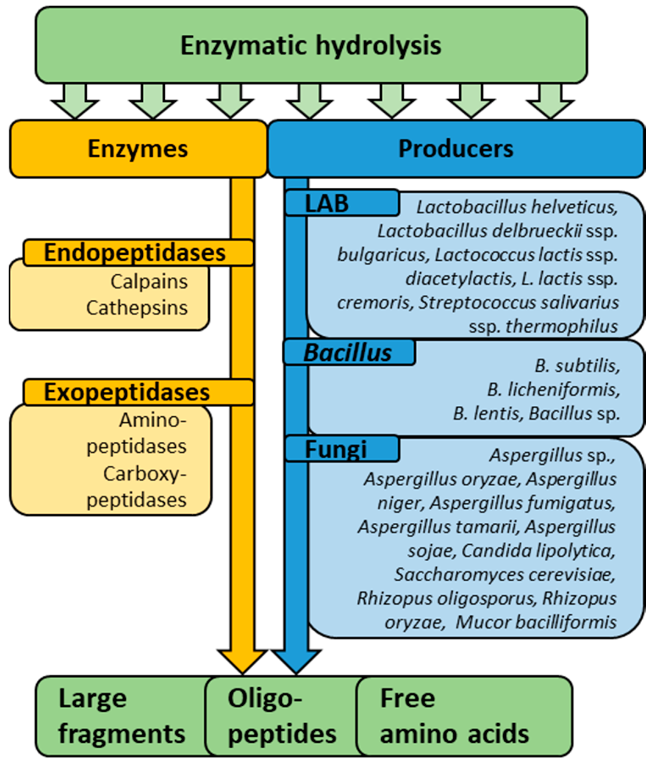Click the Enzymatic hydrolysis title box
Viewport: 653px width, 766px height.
pyautogui.click(x=311, y=45)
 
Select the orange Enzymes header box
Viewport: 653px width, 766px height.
pyautogui.click(x=137, y=149)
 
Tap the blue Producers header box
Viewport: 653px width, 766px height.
pyautogui.click(x=456, y=149)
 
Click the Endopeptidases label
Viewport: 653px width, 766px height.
pyautogui.click(x=135, y=253)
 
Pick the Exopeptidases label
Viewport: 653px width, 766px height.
pyautogui.click(x=127, y=392)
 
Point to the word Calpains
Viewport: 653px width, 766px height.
pyautogui.click(x=149, y=282)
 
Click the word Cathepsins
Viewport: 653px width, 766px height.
pyautogui.click(x=137, y=308)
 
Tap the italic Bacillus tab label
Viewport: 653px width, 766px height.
pyautogui.click(x=348, y=353)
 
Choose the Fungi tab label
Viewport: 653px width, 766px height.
pyautogui.click(x=336, y=449)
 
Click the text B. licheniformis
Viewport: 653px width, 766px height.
pyautogui.click(x=553, y=390)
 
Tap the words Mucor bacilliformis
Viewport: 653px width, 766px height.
pyautogui.click(x=536, y=622)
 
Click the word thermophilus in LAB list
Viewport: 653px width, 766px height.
pyautogui.click(x=561, y=327)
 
